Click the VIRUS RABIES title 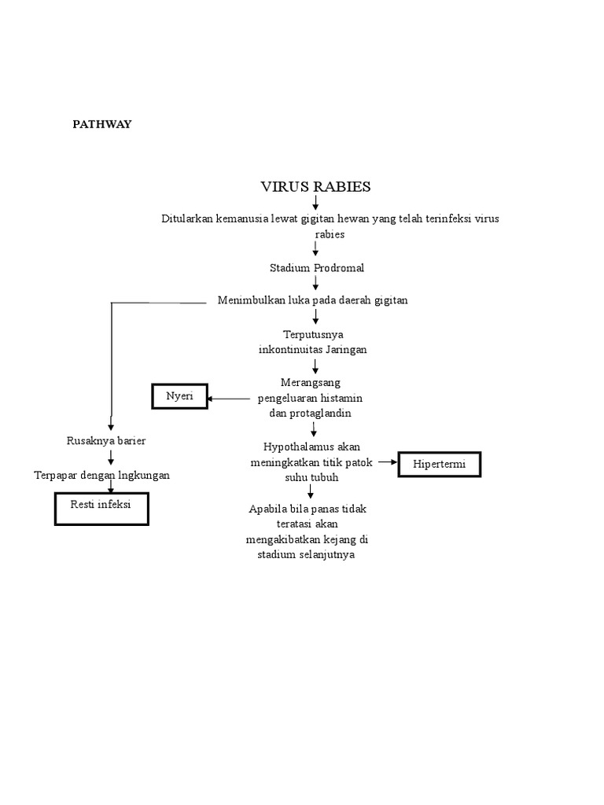(x=315, y=186)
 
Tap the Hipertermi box (x=440, y=465)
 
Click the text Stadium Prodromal (x=317, y=268)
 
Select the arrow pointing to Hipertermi (x=388, y=463)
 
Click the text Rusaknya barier (x=106, y=441)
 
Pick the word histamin (x=341, y=399)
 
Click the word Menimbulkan (x=251, y=300)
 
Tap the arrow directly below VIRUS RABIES (x=315, y=203)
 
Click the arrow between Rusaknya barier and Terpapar (x=111, y=458)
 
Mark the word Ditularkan (x=187, y=219)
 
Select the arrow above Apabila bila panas (x=311, y=492)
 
